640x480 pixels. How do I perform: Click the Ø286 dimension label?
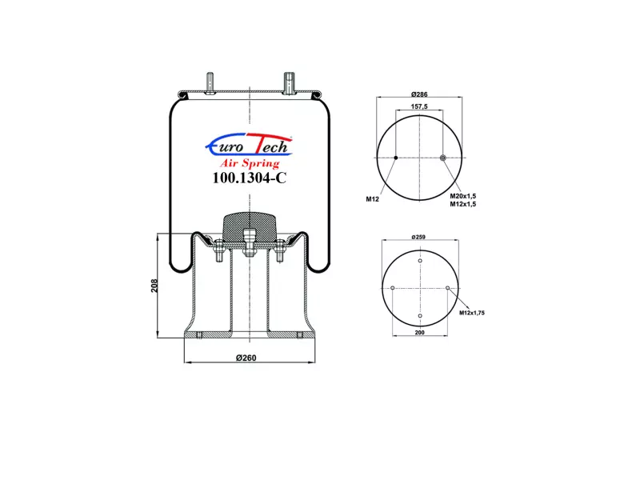point(419,94)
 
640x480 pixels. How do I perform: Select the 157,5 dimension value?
point(419,106)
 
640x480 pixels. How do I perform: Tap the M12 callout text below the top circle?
point(372,199)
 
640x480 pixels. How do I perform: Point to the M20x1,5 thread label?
point(463,196)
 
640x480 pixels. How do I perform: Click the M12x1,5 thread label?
point(463,204)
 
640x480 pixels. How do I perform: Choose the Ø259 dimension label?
point(418,237)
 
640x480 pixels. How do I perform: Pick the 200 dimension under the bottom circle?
point(419,333)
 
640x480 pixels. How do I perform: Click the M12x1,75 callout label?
point(472,313)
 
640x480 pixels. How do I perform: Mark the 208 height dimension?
point(154,286)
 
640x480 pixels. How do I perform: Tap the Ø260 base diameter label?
point(246,358)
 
